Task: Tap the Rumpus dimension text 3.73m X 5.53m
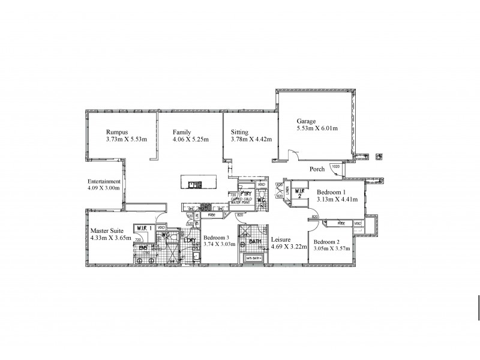click(x=127, y=139)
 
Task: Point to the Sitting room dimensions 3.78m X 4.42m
click(x=251, y=139)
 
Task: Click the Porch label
click(x=317, y=169)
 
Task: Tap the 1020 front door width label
click(x=335, y=166)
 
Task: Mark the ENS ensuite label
click(x=142, y=247)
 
